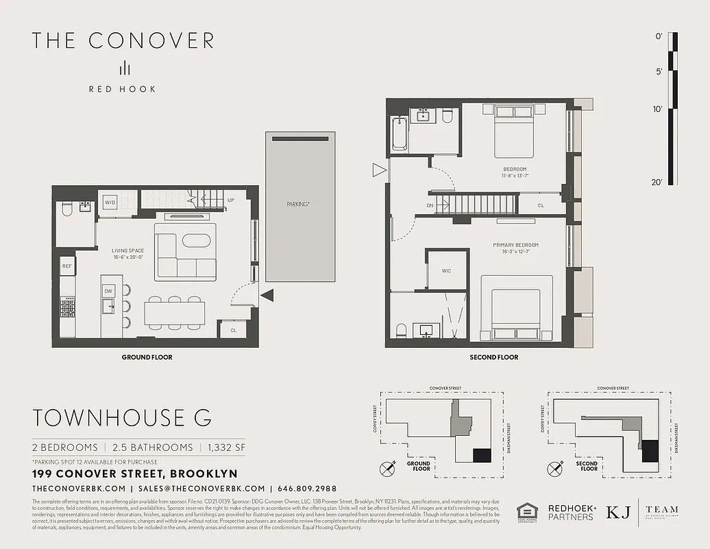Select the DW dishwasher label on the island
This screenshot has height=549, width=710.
(x=108, y=291)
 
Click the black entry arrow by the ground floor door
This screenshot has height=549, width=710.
(x=267, y=296)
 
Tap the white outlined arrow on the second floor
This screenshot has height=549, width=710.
(x=378, y=170)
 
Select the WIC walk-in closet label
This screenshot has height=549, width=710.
(x=446, y=271)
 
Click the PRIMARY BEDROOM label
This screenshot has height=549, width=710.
(x=515, y=245)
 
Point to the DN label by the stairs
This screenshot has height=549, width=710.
(x=430, y=205)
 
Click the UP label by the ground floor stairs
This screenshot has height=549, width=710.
(x=230, y=200)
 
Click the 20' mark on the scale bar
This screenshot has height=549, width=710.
(x=658, y=182)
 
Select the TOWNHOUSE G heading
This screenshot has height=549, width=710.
(x=122, y=417)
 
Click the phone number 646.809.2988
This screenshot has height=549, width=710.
(x=306, y=489)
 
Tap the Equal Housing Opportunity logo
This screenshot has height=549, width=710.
(x=526, y=513)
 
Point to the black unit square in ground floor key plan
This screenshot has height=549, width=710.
(x=482, y=455)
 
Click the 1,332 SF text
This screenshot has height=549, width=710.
(x=222, y=447)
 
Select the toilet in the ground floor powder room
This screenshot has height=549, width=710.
(x=66, y=210)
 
